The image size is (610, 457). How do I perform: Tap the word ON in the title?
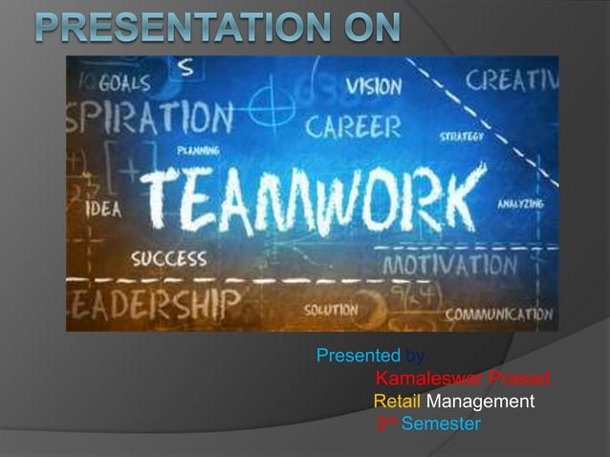tap(368, 28)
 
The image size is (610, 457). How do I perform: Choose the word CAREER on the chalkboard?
tap(354, 126)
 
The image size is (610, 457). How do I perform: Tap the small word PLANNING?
tap(198, 150)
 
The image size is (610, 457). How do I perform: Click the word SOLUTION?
tap(331, 311)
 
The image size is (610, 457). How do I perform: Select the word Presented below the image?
tap(358, 357)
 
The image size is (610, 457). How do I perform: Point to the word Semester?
tap(441, 424)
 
